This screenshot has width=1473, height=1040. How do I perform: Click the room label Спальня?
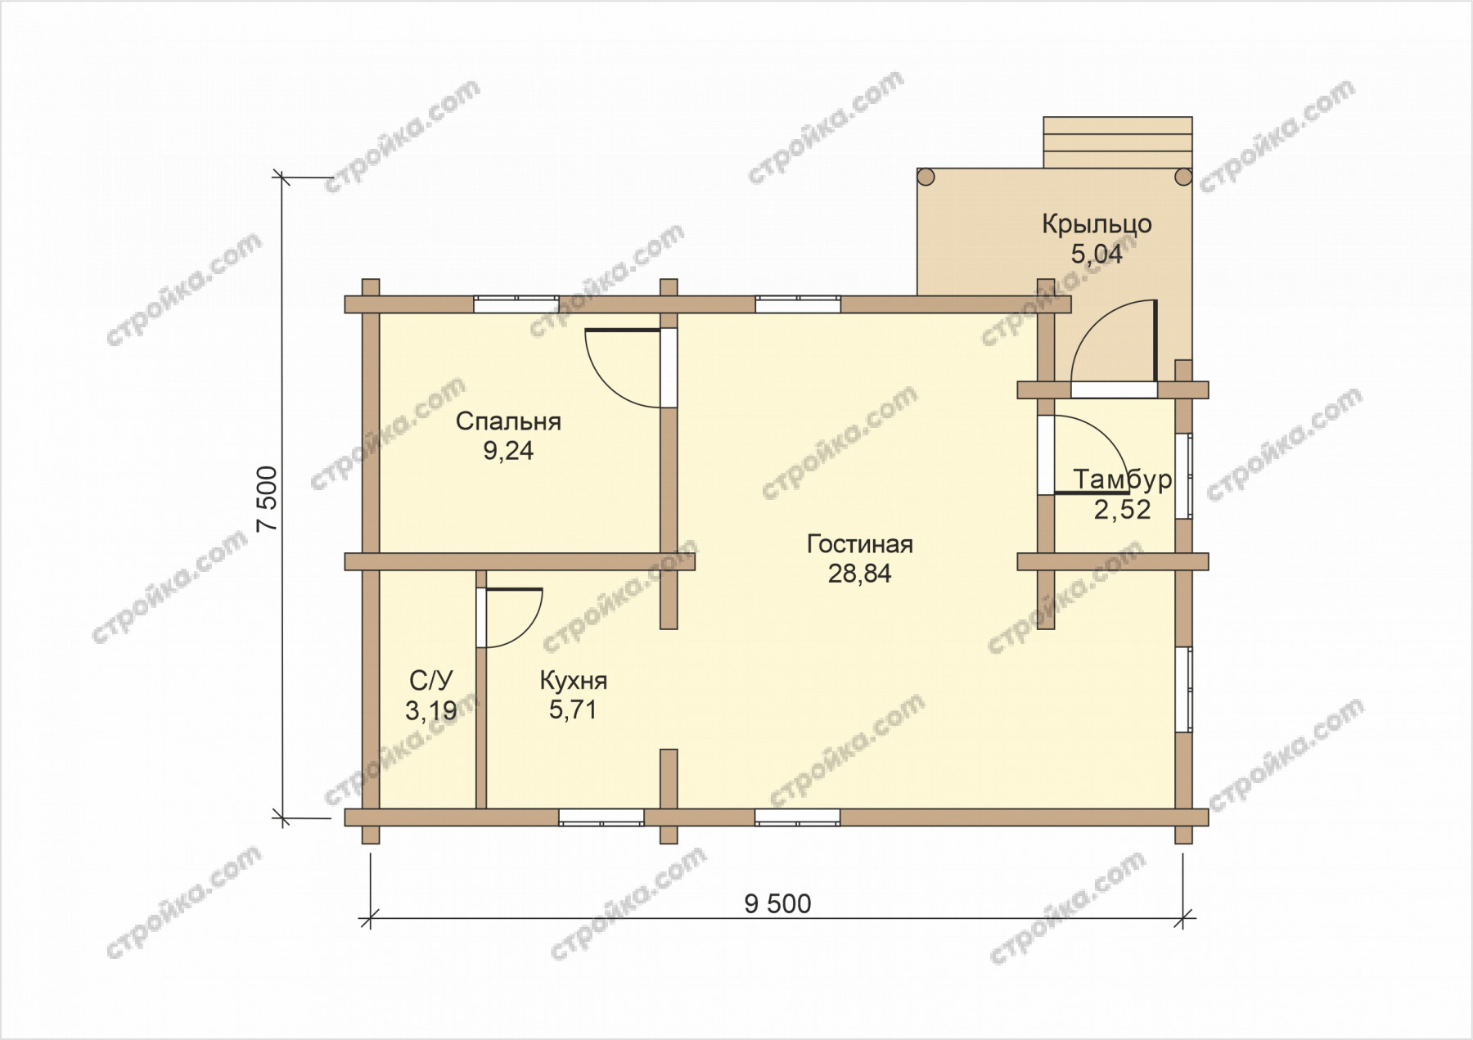[x=508, y=422]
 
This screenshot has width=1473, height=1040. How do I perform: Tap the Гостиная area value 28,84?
[x=859, y=574]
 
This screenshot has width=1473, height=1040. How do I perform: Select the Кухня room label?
[x=573, y=681]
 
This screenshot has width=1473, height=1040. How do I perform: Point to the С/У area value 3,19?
[x=431, y=710]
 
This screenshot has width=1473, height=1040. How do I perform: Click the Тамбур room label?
[x=1123, y=479]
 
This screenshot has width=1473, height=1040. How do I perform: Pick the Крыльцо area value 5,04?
[x=1097, y=254]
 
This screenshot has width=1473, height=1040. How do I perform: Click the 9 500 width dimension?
[x=777, y=904]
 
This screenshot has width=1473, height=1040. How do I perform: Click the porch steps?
[x=1117, y=142]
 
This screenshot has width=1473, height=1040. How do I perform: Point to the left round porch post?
[x=926, y=177]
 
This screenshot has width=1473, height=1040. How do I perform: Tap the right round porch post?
[x=1182, y=177]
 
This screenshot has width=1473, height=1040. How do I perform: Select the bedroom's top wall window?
[x=516, y=304]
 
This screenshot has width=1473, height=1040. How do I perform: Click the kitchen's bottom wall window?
[x=601, y=817]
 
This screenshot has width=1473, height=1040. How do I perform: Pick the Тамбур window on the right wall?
[x=1183, y=475]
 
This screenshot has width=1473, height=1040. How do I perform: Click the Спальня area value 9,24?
[x=508, y=451]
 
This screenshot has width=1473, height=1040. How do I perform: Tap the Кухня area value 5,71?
[x=573, y=710]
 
